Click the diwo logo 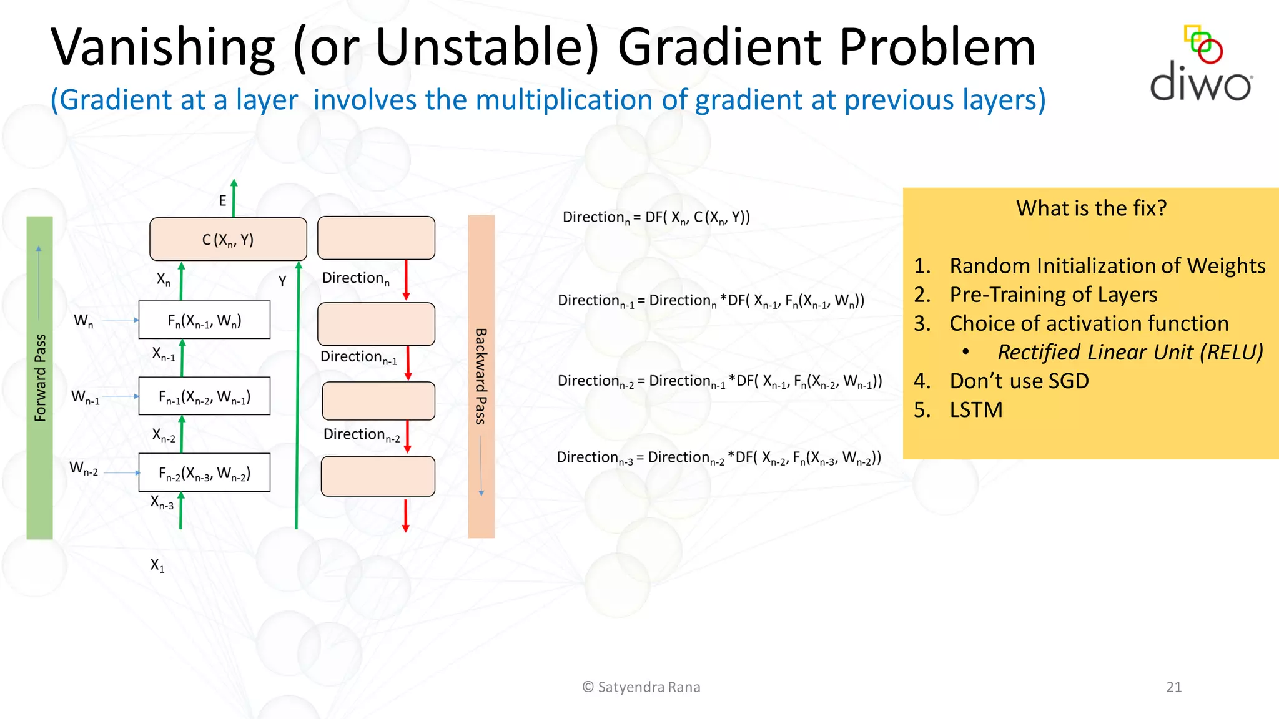tap(1201, 65)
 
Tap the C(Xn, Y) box tap(228, 240)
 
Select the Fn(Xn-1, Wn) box tap(204, 321)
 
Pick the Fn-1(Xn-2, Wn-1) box tap(204, 397)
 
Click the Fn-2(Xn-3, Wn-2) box tap(204, 473)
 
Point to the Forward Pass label tap(40, 378)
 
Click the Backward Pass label tap(481, 376)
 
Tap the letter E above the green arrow tap(222, 201)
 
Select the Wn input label tap(84, 321)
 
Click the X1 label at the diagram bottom tap(157, 565)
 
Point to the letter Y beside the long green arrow tap(282, 281)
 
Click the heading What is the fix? tap(1091, 208)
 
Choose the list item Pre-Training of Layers tap(1053, 295)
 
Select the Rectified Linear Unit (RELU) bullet tap(1130, 353)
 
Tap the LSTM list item tap(975, 410)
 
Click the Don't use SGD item tap(1019, 381)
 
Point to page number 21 tap(1173, 687)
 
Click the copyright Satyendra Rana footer tap(641, 687)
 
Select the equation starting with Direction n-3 tap(718, 458)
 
